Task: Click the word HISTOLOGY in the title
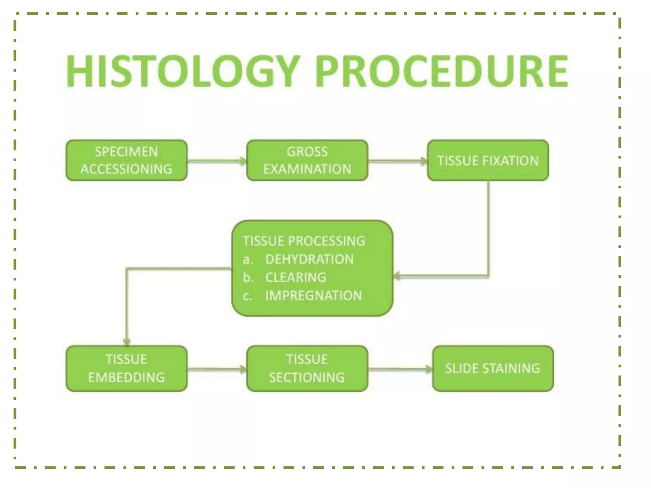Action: [182, 71]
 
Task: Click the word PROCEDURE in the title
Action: [442, 71]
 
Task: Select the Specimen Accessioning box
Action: [127, 160]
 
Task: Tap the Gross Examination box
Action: [307, 160]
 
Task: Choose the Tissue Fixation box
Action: [488, 160]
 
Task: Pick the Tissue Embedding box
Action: [127, 369]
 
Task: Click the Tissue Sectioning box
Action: [307, 369]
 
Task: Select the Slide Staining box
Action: [493, 369]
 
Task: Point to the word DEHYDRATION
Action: [309, 259]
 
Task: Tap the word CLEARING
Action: [296, 277]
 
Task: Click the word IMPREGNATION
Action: [313, 296]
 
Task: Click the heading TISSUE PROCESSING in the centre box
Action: [304, 241]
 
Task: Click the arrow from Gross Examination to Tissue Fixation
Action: [397, 161]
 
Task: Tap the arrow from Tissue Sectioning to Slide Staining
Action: [400, 369]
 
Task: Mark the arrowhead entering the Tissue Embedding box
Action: [127, 342]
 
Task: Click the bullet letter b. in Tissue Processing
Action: [248, 277]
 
